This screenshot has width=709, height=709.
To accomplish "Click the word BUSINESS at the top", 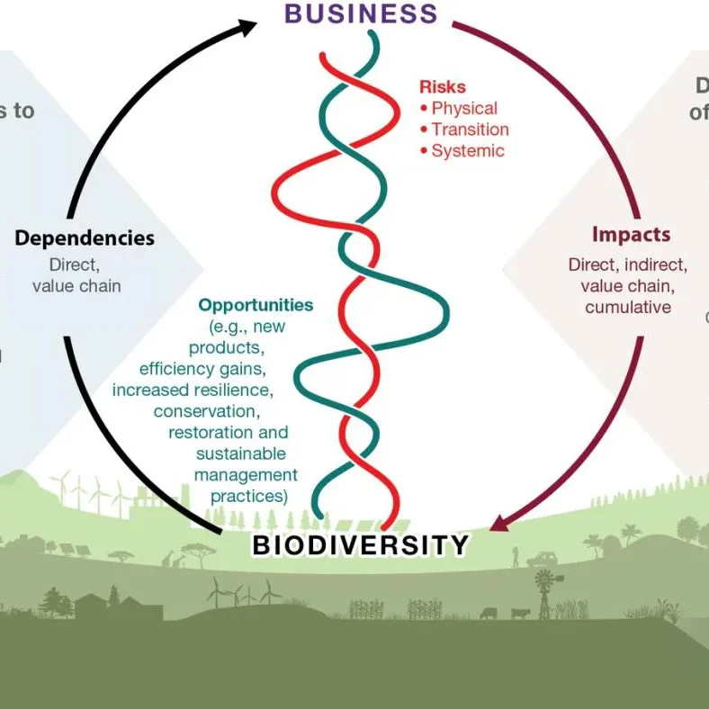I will click(361, 13).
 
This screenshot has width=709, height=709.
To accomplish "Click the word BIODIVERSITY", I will click(361, 545).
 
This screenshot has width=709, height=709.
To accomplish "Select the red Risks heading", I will click(443, 87).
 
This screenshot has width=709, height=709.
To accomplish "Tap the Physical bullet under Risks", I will click(463, 108).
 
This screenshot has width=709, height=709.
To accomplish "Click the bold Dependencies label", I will click(85, 238).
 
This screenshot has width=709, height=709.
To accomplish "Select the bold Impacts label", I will click(631, 235).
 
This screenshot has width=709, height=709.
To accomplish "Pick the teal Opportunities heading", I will click(256, 305).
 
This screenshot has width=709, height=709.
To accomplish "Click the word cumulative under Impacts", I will click(628, 308).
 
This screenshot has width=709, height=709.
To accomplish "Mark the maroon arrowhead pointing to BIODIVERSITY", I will click(501, 522).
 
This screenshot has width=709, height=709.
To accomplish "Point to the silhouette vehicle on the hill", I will click(543, 559).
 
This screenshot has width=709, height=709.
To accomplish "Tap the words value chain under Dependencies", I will click(76, 286).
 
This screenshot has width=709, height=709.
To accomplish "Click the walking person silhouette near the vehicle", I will click(516, 558).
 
